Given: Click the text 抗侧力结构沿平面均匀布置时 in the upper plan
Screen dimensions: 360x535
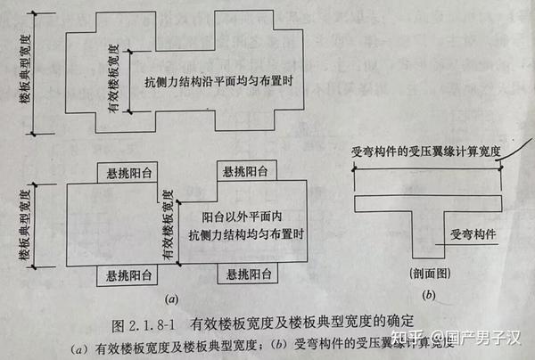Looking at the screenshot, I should click(x=218, y=82).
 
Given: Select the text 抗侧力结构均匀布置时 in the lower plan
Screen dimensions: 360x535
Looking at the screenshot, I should click(x=243, y=234).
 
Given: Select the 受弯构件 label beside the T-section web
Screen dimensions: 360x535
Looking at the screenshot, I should click(x=473, y=234).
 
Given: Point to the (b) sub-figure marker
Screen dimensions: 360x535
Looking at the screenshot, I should click(x=429, y=296).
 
